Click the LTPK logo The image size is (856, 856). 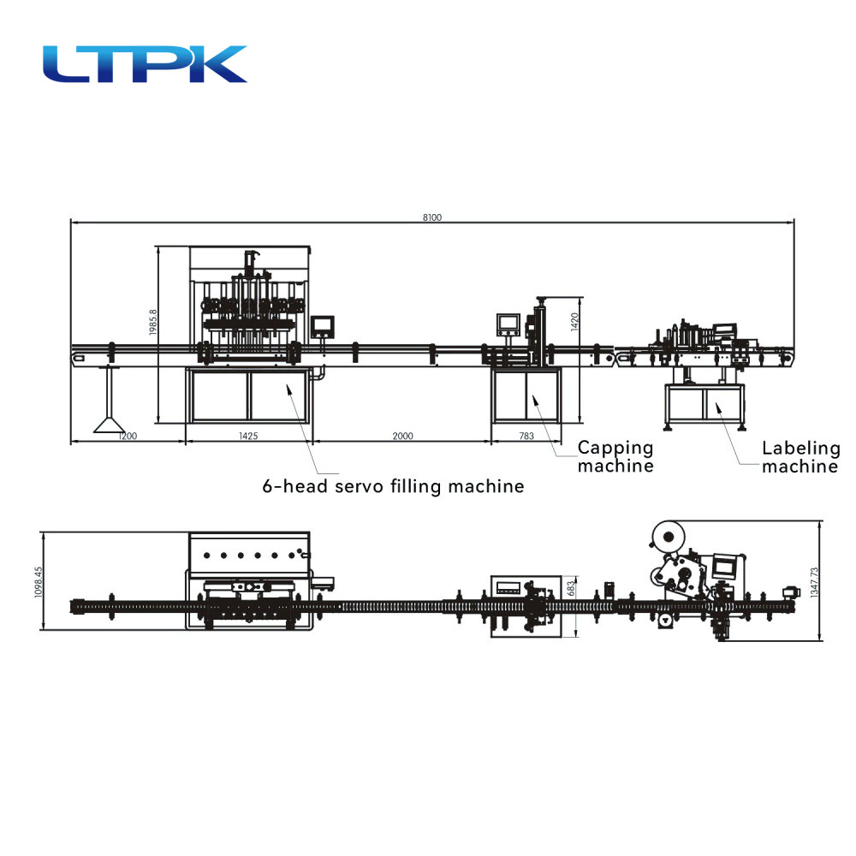tap(145, 64)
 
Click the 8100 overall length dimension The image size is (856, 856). tap(431, 217)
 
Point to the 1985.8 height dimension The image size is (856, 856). tap(153, 322)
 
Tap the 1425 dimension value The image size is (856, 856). tap(248, 436)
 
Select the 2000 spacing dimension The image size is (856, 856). tap(403, 436)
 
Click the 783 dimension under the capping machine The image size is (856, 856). tap(526, 436)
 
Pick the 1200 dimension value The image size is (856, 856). tap(128, 436)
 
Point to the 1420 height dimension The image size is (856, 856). tap(574, 322)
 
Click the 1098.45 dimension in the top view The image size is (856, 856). tap(39, 582)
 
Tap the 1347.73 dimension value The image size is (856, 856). tap(815, 582)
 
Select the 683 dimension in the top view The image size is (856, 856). tap(571, 589)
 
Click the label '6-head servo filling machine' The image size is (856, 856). tap(393, 486)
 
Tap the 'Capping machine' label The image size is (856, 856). tap(615, 456)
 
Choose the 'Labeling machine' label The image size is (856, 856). tap(801, 457)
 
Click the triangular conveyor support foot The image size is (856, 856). tap(110, 425)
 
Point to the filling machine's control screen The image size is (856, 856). tap(323, 326)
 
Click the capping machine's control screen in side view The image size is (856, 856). tap(508, 324)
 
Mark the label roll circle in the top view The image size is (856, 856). tap(668, 538)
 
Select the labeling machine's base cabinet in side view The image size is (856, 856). tap(704, 403)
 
